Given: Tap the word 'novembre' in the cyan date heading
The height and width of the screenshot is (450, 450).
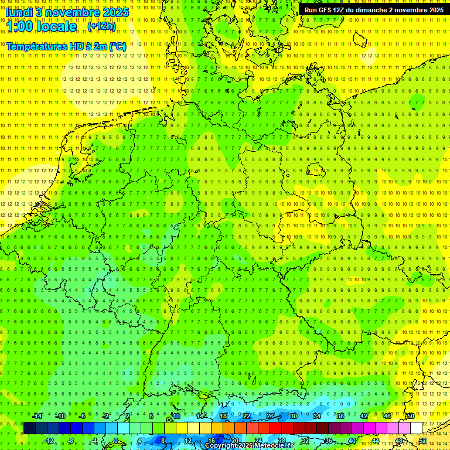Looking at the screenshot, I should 73,12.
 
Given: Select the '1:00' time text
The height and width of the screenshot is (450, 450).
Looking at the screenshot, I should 18,26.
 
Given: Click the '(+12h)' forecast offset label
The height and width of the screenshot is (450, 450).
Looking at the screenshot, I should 101,26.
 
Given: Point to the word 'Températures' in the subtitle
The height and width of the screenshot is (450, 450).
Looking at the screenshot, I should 35,46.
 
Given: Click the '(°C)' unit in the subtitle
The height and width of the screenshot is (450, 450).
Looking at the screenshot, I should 117,46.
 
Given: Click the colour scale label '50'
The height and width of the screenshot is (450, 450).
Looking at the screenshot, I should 411,416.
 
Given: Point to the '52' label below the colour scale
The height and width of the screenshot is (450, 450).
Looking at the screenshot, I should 422,441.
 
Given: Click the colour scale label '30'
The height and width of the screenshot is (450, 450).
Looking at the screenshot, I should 294,416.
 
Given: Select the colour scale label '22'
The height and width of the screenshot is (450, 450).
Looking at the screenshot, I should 247,416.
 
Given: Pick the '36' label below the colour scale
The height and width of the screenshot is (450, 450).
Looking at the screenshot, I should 329,441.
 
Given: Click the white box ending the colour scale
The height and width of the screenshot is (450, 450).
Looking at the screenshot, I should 416,428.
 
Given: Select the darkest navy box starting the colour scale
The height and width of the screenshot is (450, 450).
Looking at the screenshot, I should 29,428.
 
